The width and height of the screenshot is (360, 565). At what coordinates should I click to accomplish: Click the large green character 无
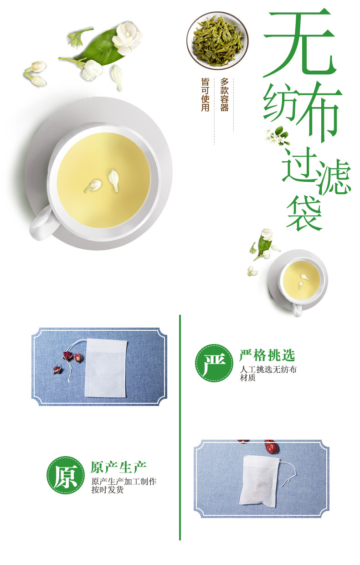click(x=298, y=43)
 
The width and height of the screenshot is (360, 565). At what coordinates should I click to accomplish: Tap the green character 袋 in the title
click(x=304, y=213)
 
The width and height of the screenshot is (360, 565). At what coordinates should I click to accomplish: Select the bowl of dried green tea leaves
click(x=217, y=40)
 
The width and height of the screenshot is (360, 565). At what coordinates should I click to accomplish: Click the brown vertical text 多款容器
click(x=224, y=95)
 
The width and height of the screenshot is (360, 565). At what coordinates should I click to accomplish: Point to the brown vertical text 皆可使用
click(x=206, y=95)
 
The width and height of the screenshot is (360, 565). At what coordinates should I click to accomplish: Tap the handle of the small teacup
click(x=297, y=310)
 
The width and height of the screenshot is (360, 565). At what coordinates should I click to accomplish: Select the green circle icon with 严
click(x=214, y=363)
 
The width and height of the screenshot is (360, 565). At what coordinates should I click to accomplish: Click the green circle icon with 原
click(x=66, y=475)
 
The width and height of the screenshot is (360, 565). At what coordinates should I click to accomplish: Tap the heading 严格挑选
click(x=267, y=355)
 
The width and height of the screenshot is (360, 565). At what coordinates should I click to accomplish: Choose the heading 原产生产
click(x=118, y=467)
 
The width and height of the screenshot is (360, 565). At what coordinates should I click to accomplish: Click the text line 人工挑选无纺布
click(x=268, y=370)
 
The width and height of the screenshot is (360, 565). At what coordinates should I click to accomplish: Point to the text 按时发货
click(x=108, y=490)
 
